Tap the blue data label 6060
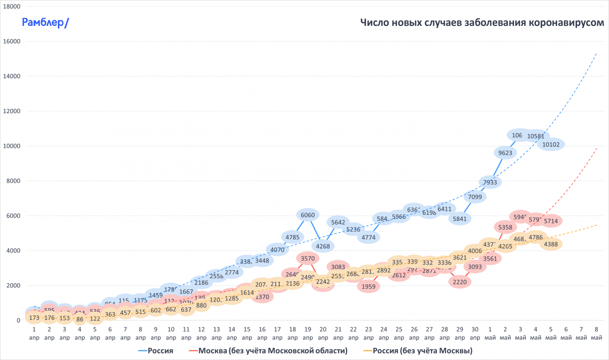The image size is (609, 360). click(308, 215)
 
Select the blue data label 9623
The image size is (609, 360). click(505, 152)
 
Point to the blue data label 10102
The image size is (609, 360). click(550, 144)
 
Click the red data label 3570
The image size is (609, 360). click(308, 258)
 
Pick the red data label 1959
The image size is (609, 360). click(369, 286)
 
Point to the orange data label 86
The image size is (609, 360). click(80, 320)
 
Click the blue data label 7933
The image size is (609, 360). click(490, 182)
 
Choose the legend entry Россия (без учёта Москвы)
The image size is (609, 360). click(418, 350)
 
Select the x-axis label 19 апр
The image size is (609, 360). click(308, 333)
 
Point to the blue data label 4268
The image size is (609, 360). click(323, 247)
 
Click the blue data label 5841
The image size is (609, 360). click(460, 218)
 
